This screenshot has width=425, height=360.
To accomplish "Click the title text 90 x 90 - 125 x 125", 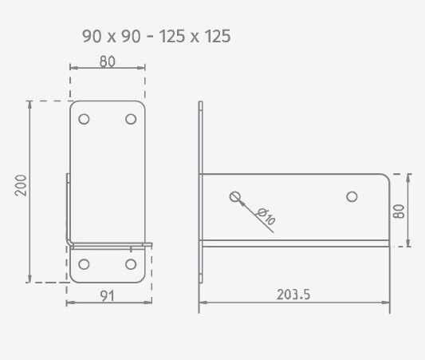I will pyautogui.click(x=156, y=36).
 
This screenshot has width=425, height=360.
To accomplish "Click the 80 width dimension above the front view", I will pyautogui.click(x=108, y=60).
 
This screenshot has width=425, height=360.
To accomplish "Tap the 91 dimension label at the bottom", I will pyautogui.click(x=107, y=295).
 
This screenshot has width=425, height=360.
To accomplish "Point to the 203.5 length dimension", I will pyautogui.click(x=293, y=295).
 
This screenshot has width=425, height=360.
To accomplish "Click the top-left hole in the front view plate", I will pyautogui.click(x=85, y=119).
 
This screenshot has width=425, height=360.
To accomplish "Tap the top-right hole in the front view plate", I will pyautogui.click(x=130, y=119).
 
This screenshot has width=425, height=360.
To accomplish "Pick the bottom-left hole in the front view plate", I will pyautogui.click(x=85, y=263).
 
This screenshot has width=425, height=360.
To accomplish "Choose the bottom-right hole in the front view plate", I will pyautogui.click(x=130, y=263).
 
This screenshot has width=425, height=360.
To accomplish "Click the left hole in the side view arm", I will pyautogui.click(x=234, y=196).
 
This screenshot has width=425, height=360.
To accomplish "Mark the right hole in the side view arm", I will pyautogui.click(x=351, y=196).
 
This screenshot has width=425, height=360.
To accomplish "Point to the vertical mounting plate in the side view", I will pyautogui.click(x=202, y=192).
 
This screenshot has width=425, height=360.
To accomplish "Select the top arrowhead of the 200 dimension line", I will pyautogui.click(x=30, y=105).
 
